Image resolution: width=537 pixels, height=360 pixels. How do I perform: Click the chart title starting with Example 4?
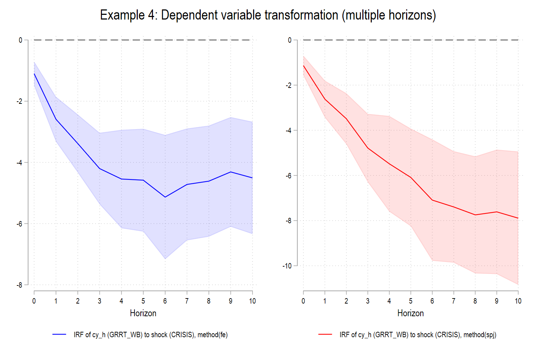coord(268,15)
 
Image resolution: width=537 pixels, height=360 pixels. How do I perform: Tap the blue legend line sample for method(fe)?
coord(59,335)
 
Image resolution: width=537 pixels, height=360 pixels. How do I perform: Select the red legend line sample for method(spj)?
coord(325,335)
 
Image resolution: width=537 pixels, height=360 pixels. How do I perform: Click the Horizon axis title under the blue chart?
coord(143,313)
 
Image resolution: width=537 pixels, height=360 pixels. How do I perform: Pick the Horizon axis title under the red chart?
coord(410,313)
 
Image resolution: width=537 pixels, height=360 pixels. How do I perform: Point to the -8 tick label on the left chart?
coord(19,285)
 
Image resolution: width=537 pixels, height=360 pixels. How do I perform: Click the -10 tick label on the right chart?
coord(287,266)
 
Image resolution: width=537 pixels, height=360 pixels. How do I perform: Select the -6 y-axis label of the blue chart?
coord(19,224)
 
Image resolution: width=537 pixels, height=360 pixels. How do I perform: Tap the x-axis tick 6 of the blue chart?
coord(165,301)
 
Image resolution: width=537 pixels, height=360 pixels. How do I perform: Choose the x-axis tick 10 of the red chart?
coord(518,301)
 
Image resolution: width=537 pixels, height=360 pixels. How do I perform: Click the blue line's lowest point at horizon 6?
coord(165,197)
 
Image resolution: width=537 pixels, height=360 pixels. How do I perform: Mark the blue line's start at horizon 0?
coord(34,74)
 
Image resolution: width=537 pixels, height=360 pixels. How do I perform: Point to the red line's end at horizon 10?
coord(518,218)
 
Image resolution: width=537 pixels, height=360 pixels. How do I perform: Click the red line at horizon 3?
coord(368,148)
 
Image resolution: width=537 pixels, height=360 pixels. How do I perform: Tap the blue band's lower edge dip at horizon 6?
coord(165,259)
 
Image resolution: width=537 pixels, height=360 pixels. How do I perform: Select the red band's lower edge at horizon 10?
coord(518,284)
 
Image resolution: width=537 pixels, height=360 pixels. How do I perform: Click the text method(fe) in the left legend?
coord(213,335)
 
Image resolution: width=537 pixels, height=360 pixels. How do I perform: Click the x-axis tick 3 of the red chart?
coord(368,301)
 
